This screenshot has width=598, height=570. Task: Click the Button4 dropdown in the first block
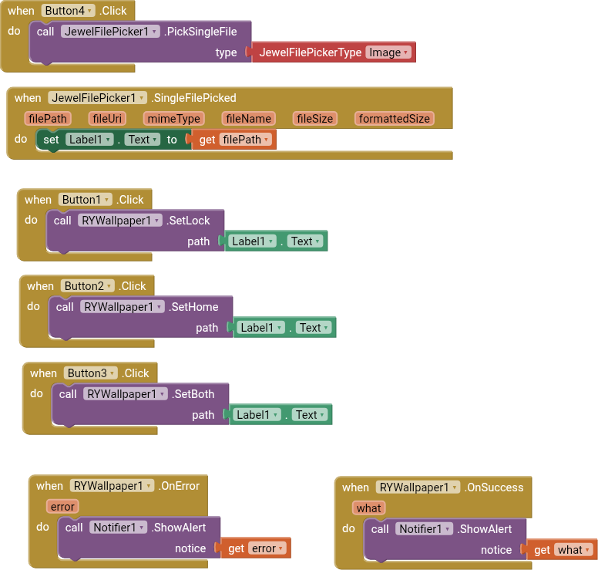tap(68, 11)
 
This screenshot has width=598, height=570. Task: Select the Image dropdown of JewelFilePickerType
tap(388, 52)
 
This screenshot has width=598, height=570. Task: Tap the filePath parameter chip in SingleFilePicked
tap(48, 119)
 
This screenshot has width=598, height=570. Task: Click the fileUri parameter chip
tap(107, 119)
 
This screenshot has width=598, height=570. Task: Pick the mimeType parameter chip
tap(174, 119)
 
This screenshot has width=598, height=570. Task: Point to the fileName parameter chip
tap(248, 119)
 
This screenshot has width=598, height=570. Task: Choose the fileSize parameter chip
tap(315, 119)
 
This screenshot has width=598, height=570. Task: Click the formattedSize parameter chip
tap(395, 119)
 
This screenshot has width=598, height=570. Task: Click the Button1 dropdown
tap(85, 200)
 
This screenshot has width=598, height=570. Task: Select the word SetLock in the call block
tap(190, 221)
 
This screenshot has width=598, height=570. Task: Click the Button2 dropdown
tap(88, 286)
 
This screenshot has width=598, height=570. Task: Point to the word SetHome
tap(195, 307)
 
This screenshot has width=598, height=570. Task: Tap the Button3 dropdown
tap(91, 373)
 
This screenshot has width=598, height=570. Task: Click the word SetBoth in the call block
tap(194, 394)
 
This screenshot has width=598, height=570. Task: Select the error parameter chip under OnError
tap(62, 507)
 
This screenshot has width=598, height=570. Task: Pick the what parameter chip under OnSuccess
tap(368, 508)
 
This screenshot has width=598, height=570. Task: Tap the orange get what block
tap(562, 550)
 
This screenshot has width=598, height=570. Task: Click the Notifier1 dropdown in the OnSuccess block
tap(424, 529)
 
